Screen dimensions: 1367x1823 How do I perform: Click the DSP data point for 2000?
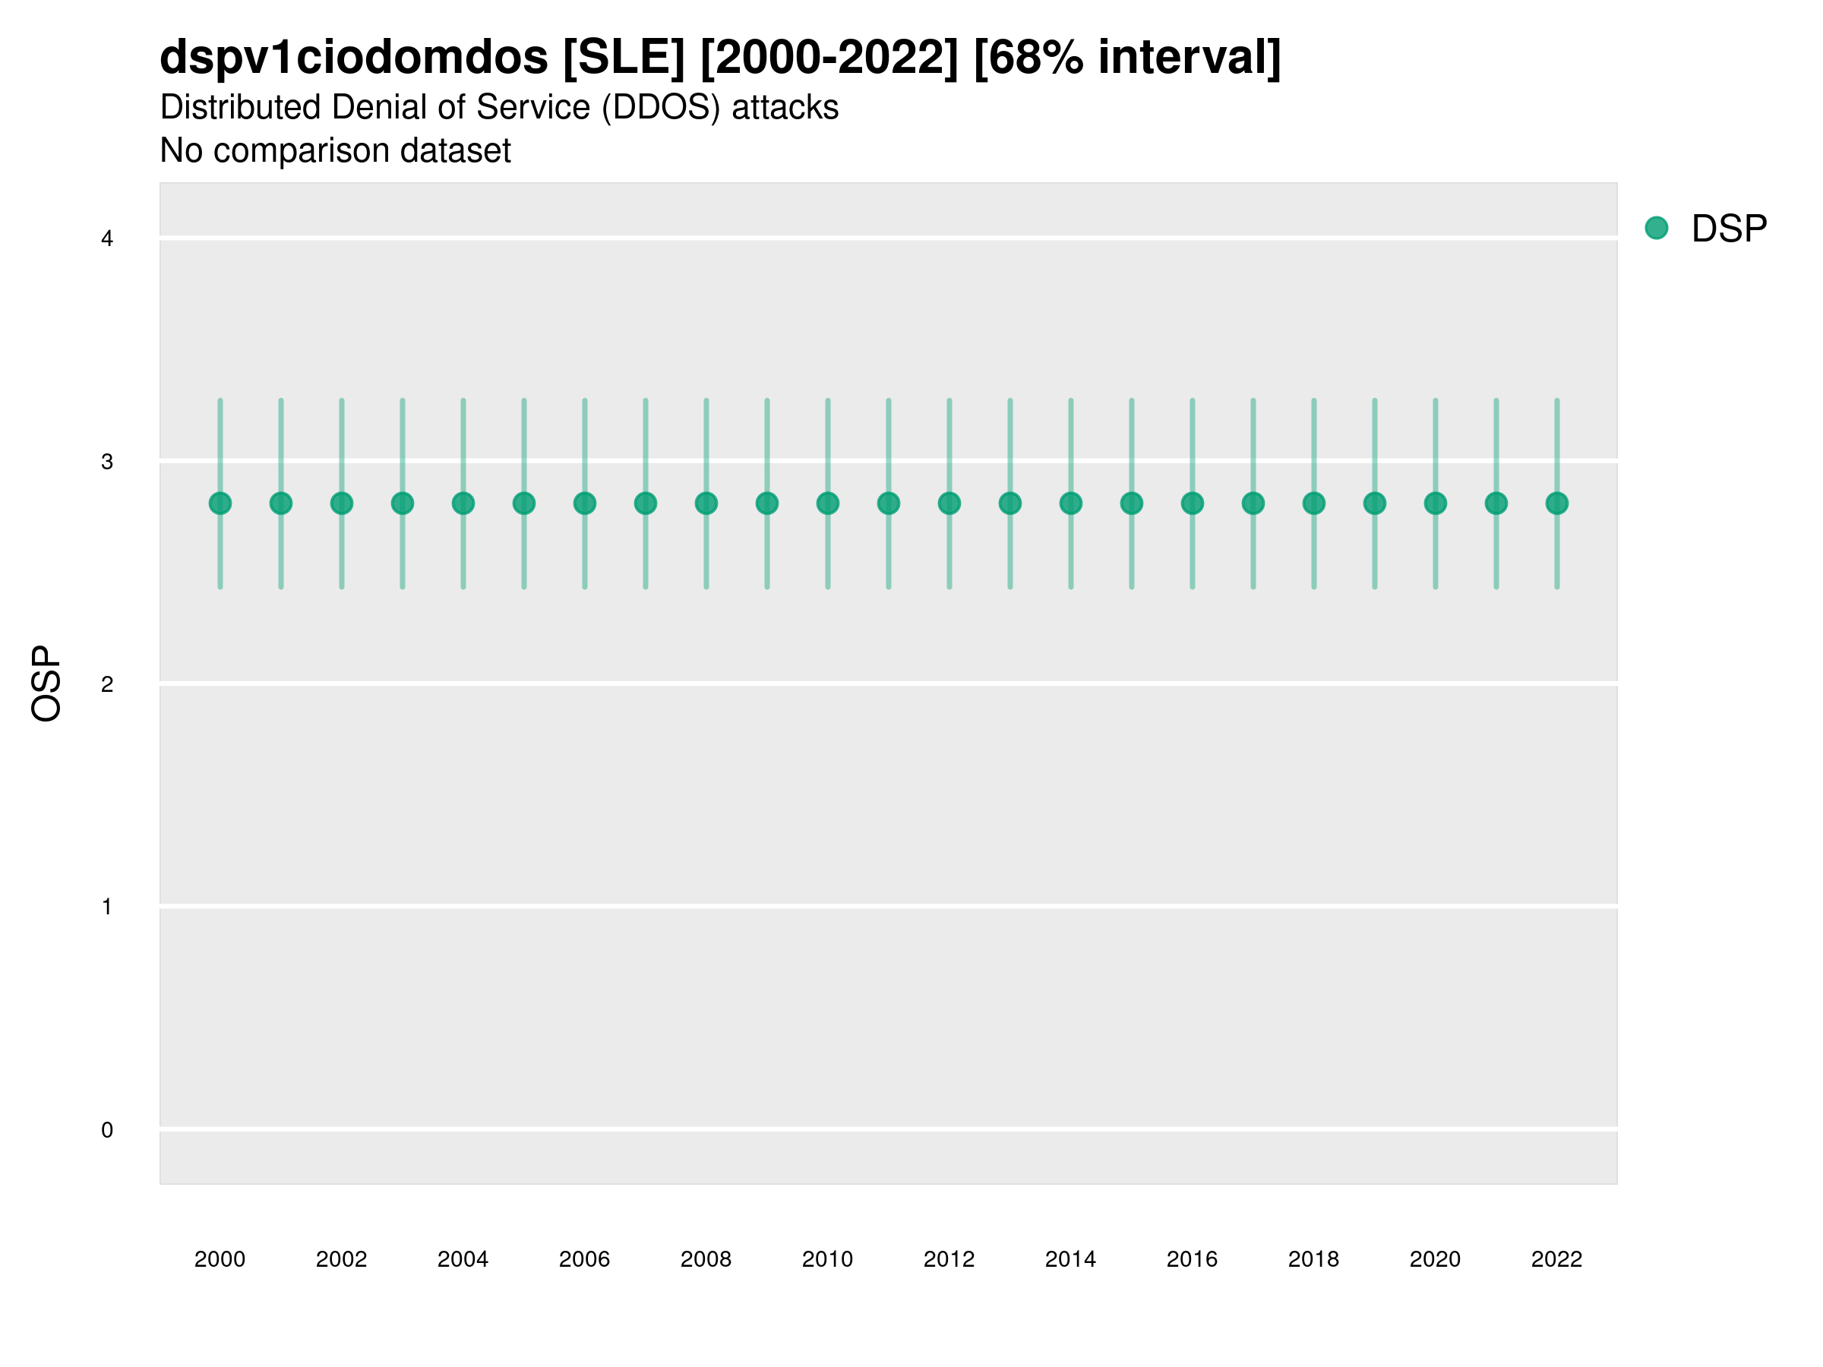click(220, 504)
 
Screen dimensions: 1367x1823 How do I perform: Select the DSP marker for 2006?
click(584, 504)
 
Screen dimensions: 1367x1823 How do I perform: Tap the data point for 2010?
click(827, 504)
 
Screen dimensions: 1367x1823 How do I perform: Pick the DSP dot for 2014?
click(1070, 504)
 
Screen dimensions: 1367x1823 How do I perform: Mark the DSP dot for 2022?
click(1557, 504)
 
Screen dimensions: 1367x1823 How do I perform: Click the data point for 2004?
click(463, 504)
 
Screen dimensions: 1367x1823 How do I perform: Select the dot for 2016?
click(1193, 504)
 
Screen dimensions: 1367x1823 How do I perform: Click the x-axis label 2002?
click(341, 1259)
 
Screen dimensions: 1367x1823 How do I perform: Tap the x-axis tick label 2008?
click(706, 1259)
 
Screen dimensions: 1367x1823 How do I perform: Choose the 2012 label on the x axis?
click(949, 1259)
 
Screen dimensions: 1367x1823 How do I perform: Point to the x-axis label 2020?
click(1435, 1259)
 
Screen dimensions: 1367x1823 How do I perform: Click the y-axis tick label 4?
click(107, 239)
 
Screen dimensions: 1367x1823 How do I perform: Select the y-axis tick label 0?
click(107, 1130)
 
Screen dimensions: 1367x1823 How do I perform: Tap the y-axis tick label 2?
click(107, 684)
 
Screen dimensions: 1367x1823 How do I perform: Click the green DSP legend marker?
click(1657, 229)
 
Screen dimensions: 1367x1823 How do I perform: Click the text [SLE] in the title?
click(624, 58)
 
